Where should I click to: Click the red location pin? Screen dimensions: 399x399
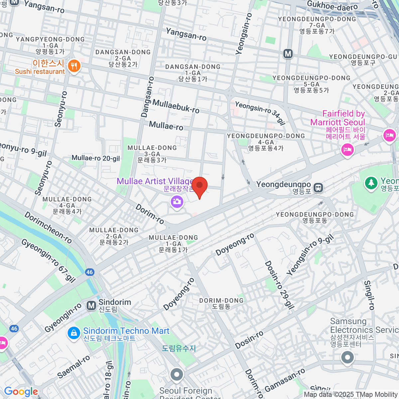point(199,187)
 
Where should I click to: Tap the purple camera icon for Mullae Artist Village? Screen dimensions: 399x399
point(177,201)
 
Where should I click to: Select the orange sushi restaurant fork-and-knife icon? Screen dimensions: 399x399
point(74,66)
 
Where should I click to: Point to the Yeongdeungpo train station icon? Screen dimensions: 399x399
point(319,188)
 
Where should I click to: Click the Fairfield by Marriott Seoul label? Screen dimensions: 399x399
point(337,118)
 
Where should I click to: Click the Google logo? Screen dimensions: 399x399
point(21,392)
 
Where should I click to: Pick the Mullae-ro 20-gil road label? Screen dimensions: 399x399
point(96,158)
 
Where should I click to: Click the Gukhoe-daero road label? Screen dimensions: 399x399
point(332,6)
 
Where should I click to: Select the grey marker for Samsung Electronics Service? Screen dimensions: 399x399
point(347,358)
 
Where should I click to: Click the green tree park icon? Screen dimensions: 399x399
point(371,183)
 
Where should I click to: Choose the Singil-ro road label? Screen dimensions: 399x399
point(369,295)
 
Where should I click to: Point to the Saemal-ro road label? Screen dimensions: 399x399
point(73,367)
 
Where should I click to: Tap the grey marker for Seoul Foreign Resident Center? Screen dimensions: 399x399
point(177,375)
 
